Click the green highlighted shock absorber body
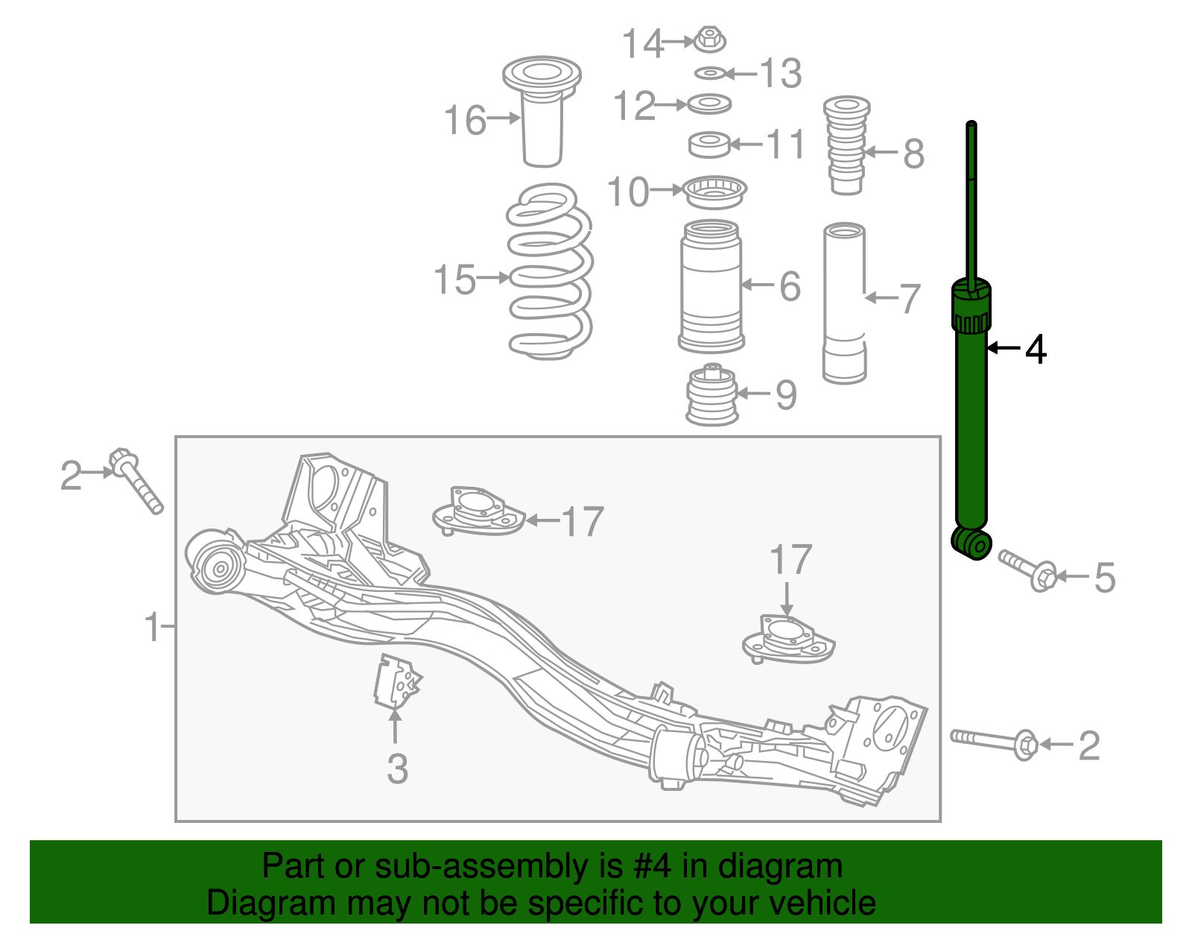971,425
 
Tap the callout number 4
1036,349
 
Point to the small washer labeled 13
710,73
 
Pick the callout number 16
465,120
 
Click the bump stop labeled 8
846,145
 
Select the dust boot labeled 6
711,287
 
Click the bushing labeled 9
712,395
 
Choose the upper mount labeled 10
714,192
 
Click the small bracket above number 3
396,681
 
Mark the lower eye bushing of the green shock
971,543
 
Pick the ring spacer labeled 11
708,145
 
